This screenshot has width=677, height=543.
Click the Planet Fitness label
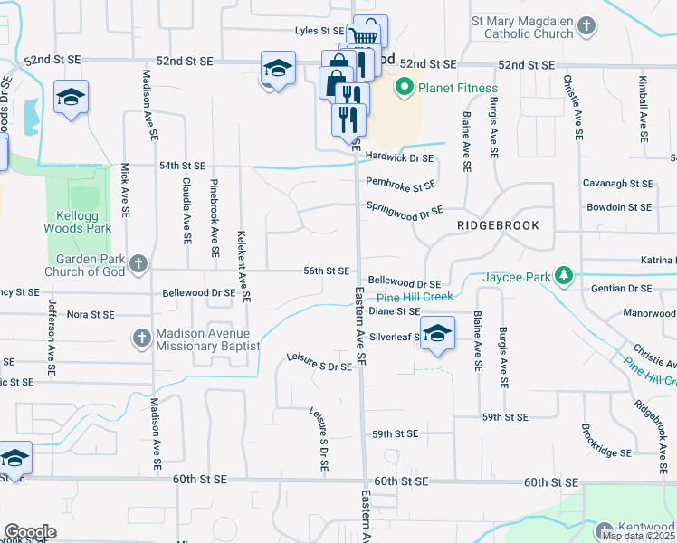[x=457, y=88]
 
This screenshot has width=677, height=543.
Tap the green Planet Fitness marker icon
[x=404, y=88]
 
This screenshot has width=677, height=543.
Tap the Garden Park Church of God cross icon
[x=138, y=264]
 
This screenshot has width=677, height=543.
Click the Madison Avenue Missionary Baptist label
[x=207, y=339]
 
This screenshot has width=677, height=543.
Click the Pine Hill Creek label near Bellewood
[x=414, y=297]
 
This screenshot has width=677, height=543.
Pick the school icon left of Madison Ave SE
[x=70, y=98]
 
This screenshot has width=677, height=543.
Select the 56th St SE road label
[x=327, y=271]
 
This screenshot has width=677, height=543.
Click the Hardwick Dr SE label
[x=400, y=157]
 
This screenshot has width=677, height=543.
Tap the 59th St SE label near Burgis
[x=505, y=417]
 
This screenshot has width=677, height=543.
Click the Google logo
[x=30, y=532]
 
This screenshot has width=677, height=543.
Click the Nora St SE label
[x=90, y=315]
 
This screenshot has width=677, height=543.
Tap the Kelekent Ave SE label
[x=243, y=265]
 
